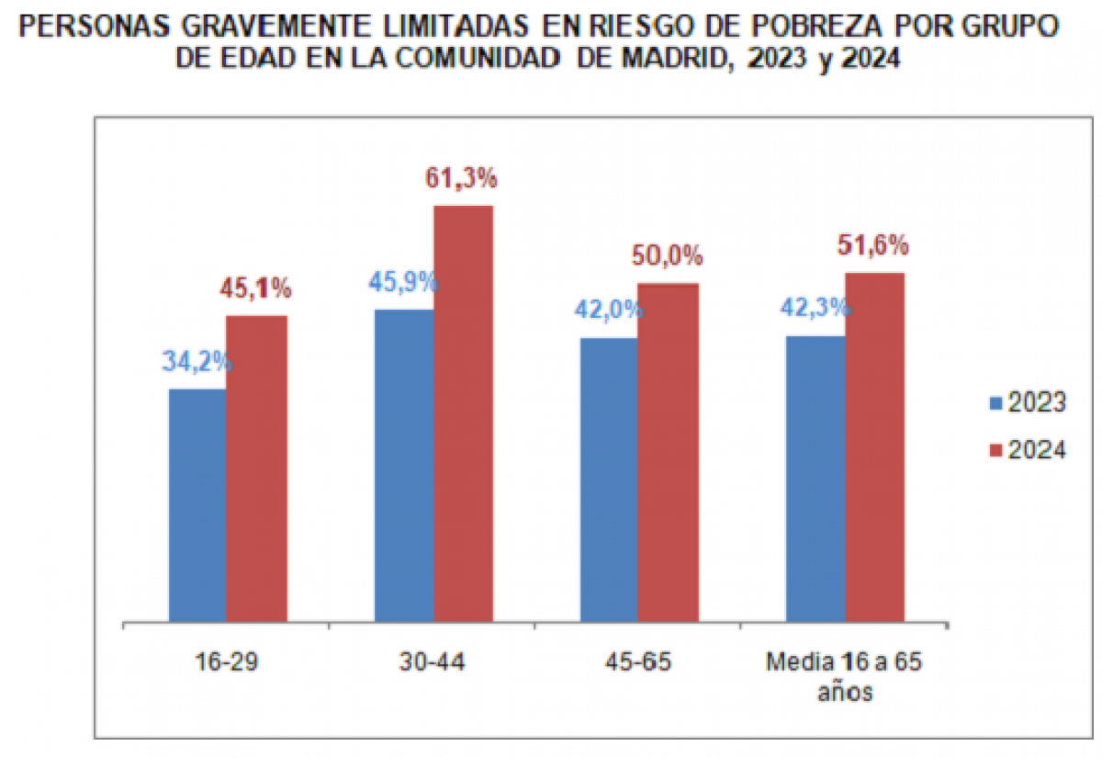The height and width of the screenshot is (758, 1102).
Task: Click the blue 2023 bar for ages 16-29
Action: point(197,504)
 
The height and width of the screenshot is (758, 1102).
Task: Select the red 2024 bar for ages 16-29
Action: point(256,469)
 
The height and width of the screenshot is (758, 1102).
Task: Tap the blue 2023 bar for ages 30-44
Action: point(403,465)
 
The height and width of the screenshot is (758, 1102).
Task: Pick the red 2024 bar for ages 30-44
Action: point(463,413)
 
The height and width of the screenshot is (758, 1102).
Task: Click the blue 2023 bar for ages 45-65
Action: point(608,479)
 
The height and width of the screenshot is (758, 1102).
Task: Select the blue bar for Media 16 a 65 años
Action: point(815,478)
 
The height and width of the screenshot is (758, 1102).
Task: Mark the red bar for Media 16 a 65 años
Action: point(874,447)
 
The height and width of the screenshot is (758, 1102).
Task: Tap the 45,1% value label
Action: point(255,289)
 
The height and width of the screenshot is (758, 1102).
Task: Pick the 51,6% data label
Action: point(873,245)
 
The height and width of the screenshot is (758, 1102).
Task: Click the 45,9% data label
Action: point(403,281)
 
